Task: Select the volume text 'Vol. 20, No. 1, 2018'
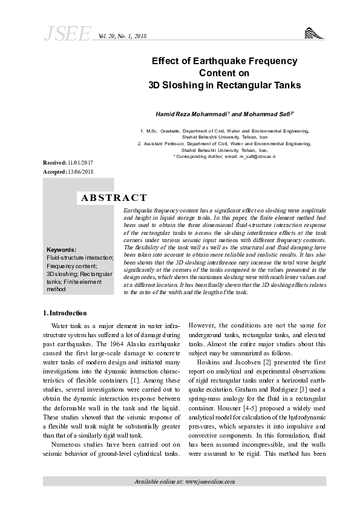(x=122, y=37)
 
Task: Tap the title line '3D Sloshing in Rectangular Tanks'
(x=224, y=85)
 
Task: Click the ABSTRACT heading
(x=114, y=197)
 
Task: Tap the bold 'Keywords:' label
(x=61, y=249)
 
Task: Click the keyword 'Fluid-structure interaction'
(x=79, y=257)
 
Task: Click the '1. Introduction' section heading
(x=65, y=313)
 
